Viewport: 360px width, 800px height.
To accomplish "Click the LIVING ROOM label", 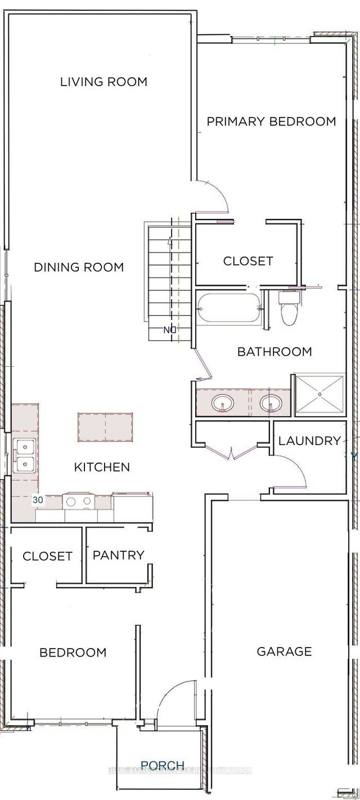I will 103,82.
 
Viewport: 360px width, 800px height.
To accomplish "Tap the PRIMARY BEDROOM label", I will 271,122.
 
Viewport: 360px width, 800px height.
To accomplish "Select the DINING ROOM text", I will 79,267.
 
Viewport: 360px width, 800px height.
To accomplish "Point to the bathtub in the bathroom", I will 228,309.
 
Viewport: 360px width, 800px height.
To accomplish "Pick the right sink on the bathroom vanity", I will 271,403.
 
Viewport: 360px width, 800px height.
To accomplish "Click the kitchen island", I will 105,427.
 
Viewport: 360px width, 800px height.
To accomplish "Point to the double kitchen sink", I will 24,456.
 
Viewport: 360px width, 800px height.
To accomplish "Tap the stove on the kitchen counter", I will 79,501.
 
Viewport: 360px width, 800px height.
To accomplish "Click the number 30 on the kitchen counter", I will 38,500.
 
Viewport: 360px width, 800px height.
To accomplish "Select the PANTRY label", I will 118,555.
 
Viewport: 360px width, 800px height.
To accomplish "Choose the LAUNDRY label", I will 309,441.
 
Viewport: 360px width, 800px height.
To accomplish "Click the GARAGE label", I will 284,652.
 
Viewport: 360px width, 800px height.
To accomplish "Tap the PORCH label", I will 162,765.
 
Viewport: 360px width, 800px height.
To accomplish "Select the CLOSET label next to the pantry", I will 47,556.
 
